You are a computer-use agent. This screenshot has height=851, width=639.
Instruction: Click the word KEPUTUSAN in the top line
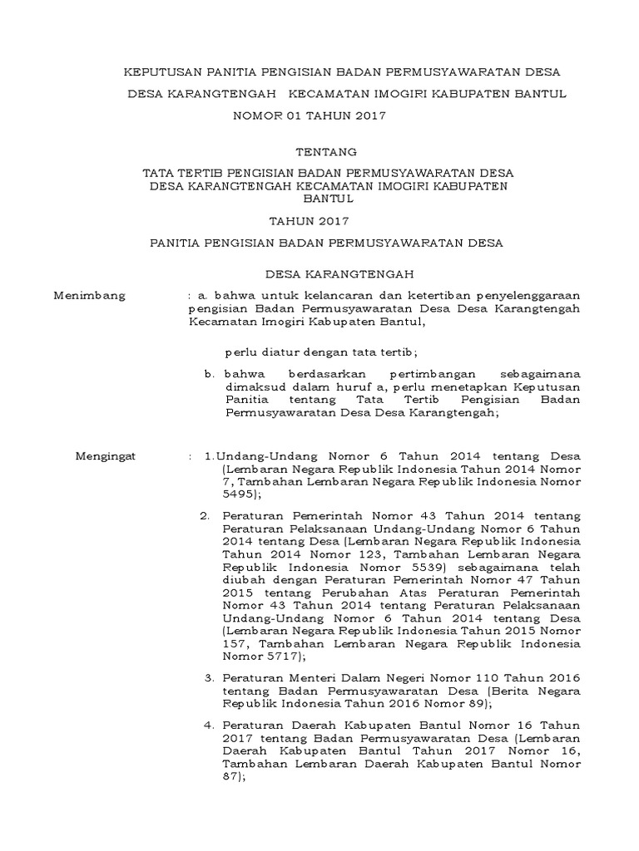point(156,71)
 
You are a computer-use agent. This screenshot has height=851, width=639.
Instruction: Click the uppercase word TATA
point(159,173)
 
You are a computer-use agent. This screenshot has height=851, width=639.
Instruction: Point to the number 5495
point(236,494)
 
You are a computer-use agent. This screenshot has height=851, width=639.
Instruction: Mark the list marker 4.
point(208,727)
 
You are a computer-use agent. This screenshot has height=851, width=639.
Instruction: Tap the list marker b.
point(210,375)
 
